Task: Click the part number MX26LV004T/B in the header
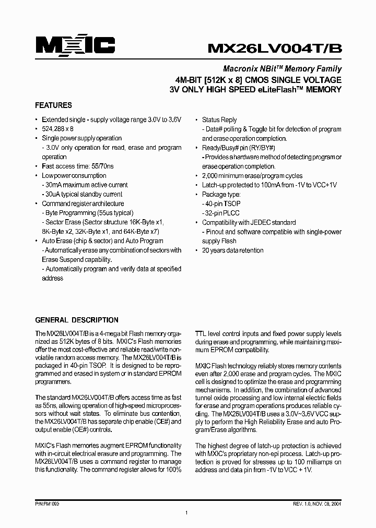[275, 48]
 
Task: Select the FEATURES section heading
[53, 105]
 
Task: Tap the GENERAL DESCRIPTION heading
[76, 320]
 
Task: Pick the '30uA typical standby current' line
[84, 195]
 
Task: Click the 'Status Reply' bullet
[219, 119]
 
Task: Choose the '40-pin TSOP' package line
[222, 204]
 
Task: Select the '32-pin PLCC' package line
[222, 213]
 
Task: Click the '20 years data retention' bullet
[233, 250]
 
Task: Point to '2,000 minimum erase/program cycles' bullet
[252, 176]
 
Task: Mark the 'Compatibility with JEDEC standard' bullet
[249, 222]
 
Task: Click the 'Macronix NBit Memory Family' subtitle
[283, 68]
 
